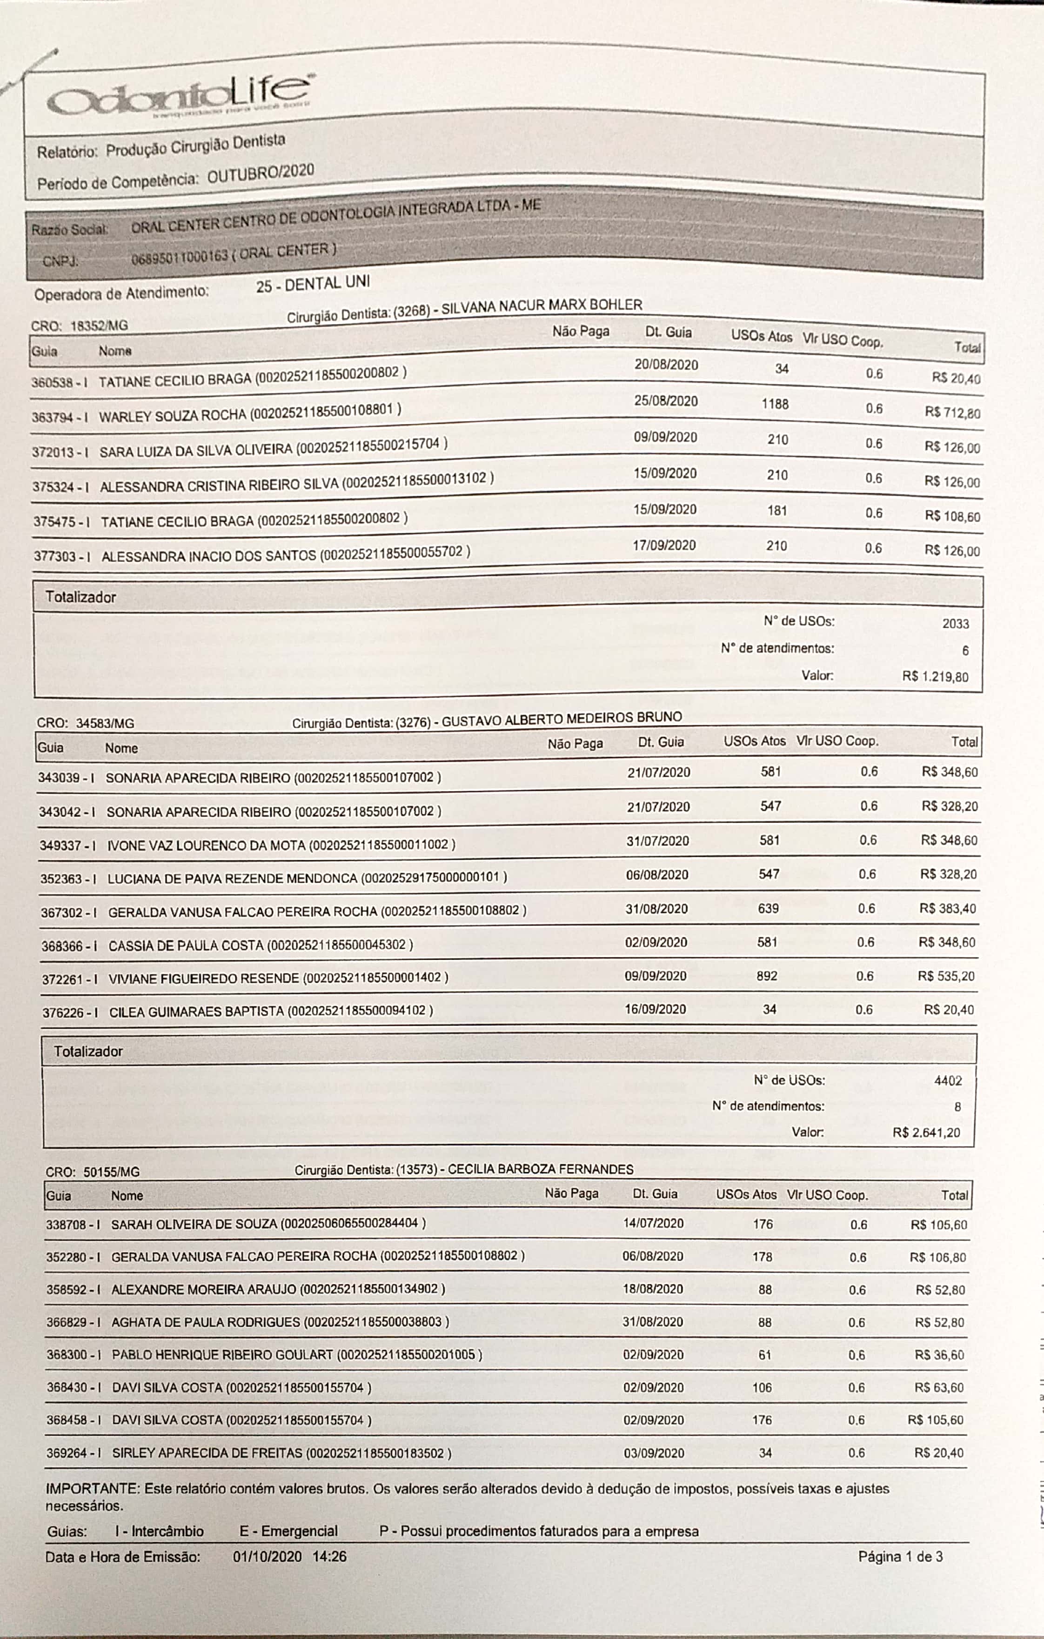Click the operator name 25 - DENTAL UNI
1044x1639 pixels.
(313, 284)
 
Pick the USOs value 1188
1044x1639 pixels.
(775, 404)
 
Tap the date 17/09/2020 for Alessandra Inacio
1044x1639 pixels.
(664, 545)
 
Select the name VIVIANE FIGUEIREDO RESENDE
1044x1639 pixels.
(204, 978)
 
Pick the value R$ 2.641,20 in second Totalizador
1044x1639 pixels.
(926, 1133)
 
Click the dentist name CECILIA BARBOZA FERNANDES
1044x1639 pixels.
(540, 1169)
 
